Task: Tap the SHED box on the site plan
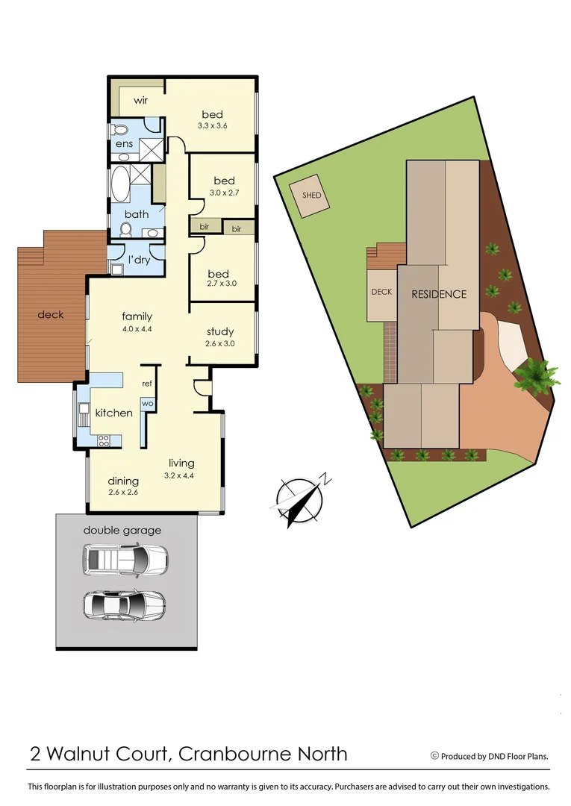[x=311, y=196]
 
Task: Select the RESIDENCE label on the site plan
[x=439, y=294]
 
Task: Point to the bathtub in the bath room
[x=119, y=184]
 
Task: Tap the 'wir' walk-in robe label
[x=141, y=100]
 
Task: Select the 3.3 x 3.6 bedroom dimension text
[x=212, y=126]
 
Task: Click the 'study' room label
[x=219, y=331]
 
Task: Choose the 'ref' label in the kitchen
[x=147, y=384]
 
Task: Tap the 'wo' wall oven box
[x=147, y=404]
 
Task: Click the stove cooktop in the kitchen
[x=103, y=440]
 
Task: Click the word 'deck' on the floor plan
[x=51, y=314]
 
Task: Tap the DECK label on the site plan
[x=381, y=292]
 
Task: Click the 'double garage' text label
[x=122, y=531]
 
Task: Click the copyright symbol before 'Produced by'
[x=434, y=755]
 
